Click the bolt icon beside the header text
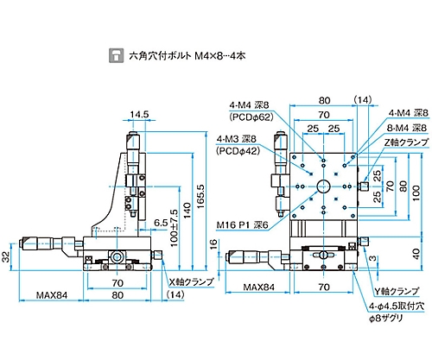tap(116, 55)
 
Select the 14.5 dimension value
tap(139, 115)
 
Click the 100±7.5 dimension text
tap(175, 228)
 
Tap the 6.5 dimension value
tap(161, 222)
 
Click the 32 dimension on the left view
tap(6, 256)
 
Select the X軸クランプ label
tap(192, 281)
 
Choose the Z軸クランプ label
tap(406, 142)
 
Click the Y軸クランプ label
tap(397, 291)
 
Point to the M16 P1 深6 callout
tap(242, 225)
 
